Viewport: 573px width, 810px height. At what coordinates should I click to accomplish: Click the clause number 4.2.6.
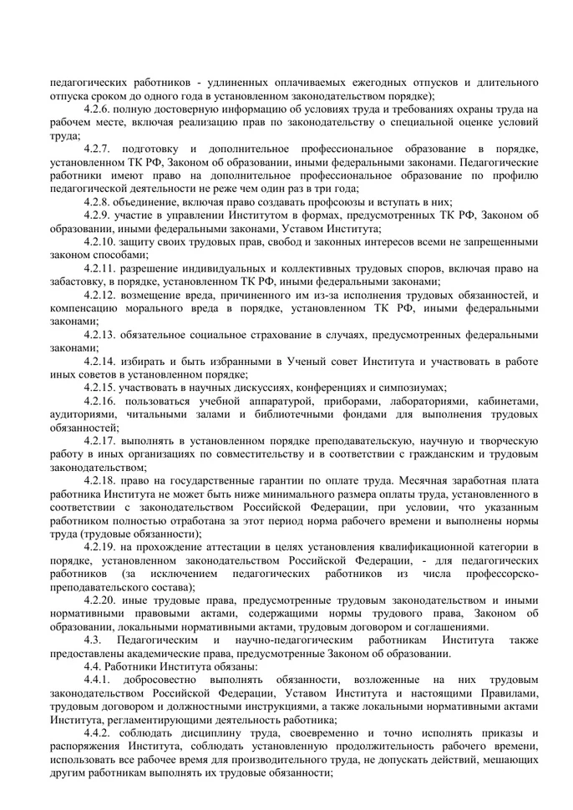pos(101,109)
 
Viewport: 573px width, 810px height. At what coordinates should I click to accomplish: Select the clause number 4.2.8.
pos(101,202)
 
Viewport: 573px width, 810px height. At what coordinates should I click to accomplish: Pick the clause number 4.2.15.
pos(104,387)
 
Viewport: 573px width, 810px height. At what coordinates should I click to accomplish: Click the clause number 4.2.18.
pos(104,480)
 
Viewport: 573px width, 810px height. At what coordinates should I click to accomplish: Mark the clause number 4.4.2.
pos(101,732)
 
